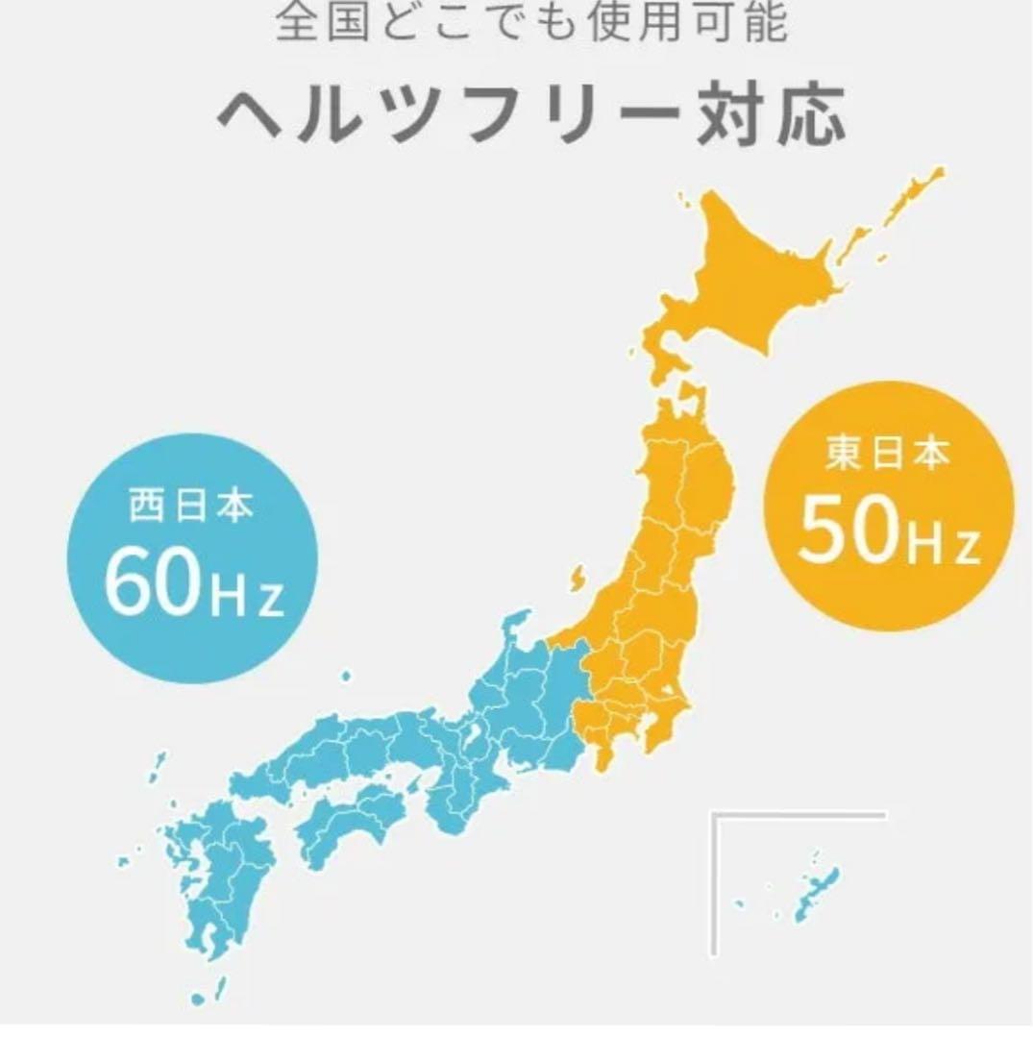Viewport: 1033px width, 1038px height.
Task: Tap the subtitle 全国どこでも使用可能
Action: click(x=531, y=23)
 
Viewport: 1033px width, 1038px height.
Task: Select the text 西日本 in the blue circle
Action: click(x=192, y=507)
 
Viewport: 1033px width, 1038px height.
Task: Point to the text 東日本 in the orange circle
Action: click(x=887, y=455)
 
